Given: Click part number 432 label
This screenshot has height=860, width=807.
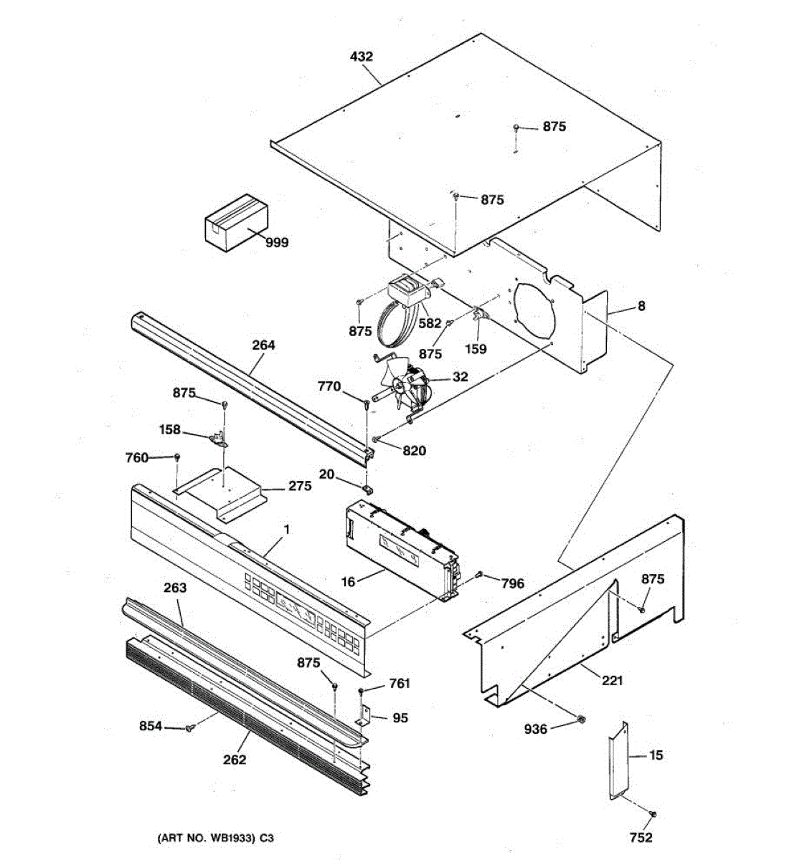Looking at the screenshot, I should [x=362, y=56].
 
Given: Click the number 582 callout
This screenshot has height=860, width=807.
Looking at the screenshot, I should [x=430, y=323].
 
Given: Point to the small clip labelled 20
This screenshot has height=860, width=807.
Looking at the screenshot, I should [x=367, y=489].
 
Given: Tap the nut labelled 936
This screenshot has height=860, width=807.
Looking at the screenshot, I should [x=581, y=719].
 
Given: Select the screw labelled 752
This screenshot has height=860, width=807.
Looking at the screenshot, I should [x=653, y=814].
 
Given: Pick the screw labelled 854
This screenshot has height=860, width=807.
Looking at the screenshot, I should [x=189, y=728].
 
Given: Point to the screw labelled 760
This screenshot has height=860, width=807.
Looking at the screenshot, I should [x=177, y=457].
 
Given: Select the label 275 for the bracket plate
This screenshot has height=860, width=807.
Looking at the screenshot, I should [x=300, y=486].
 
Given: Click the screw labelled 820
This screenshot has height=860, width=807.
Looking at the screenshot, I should [x=375, y=439].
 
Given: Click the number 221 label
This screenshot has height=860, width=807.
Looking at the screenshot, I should [x=612, y=680].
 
